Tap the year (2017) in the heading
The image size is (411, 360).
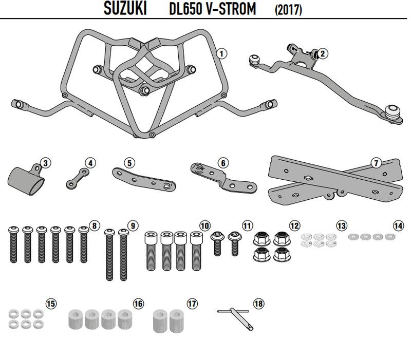tap(288, 9)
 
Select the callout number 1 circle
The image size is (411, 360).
tap(221, 53)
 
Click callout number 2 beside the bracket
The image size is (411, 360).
tap(323, 53)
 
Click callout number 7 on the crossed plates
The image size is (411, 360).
tap(376, 163)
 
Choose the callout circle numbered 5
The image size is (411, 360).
tap(129, 163)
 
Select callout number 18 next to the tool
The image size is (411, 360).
tap(258, 304)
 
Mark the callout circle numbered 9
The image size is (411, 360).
tap(132, 225)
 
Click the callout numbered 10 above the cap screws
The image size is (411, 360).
tap(205, 225)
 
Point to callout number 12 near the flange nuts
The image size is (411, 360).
tap(294, 225)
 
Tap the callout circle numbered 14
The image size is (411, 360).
tap(398, 225)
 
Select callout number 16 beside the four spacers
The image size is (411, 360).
tap(138, 304)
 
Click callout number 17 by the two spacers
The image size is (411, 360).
tap(192, 304)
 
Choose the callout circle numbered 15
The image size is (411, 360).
tap(50, 304)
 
